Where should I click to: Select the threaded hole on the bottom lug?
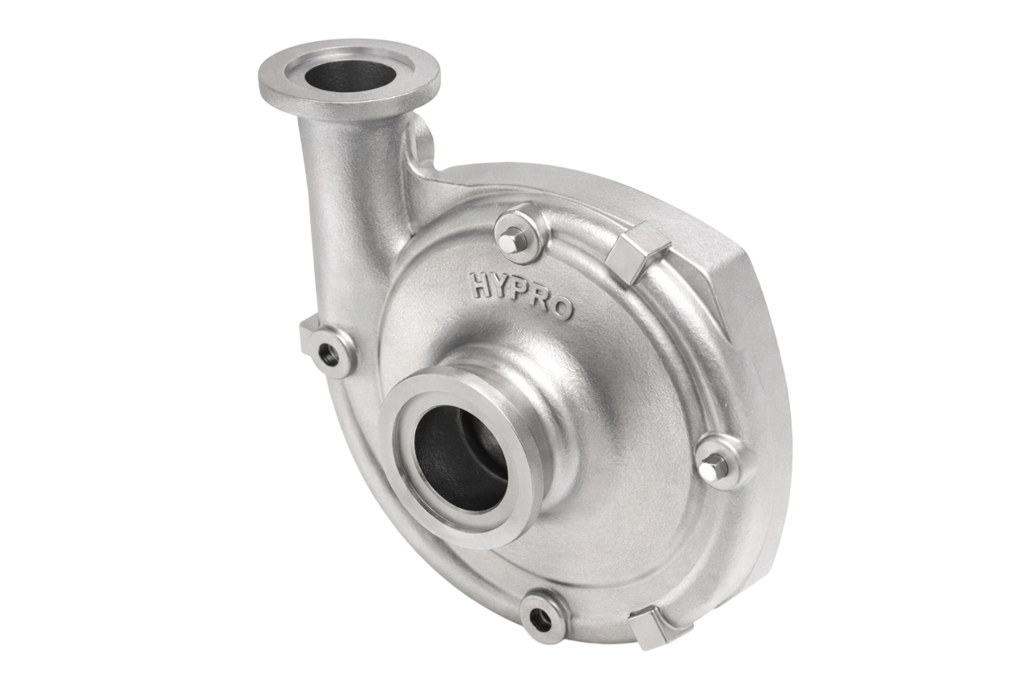(x=538, y=616)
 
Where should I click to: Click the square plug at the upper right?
(x=637, y=251)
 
